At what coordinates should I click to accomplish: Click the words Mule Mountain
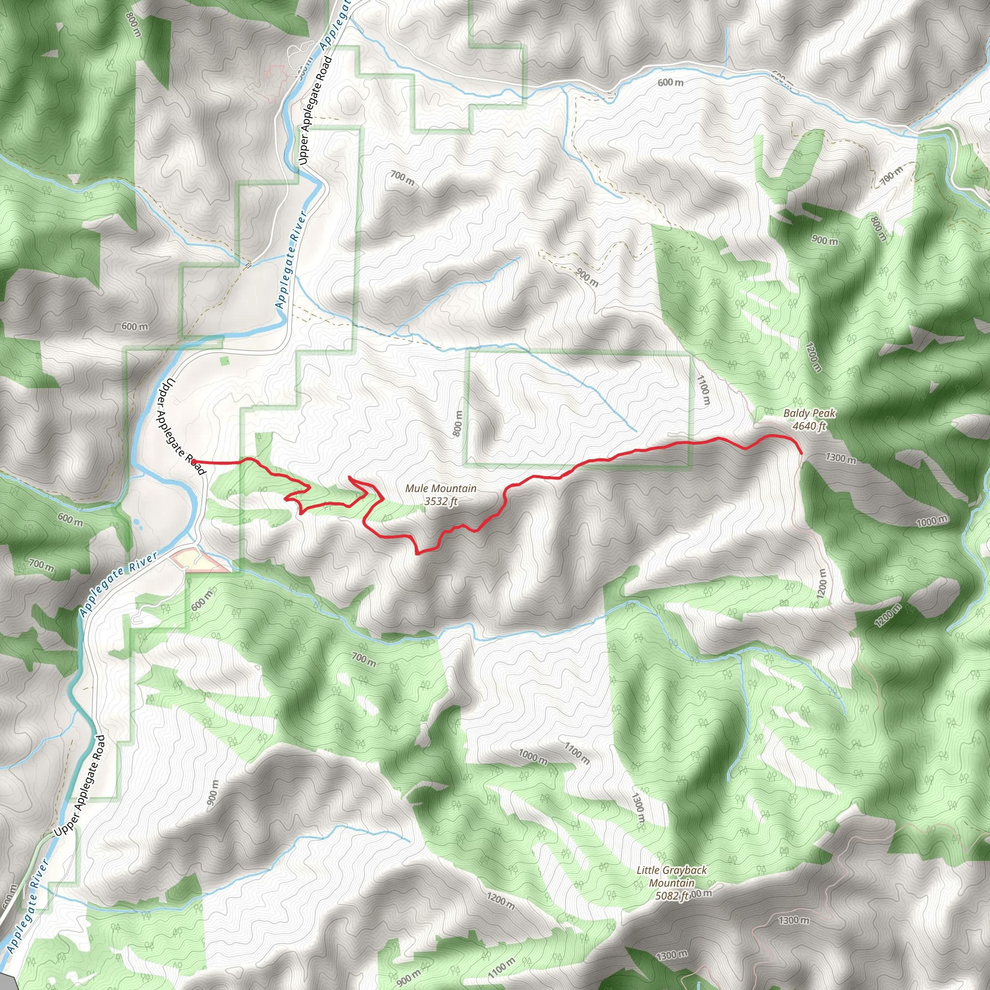441,488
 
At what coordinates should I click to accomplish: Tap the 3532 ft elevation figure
441,501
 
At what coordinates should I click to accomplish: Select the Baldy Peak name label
809,413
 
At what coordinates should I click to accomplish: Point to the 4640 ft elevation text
809,426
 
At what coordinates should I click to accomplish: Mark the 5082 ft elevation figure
671,895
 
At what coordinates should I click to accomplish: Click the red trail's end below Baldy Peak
801,453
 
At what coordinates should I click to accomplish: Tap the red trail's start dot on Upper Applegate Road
195,461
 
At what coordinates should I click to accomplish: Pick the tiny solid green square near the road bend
224,361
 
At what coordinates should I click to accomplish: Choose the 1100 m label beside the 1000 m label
577,753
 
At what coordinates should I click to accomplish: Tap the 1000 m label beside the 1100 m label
533,757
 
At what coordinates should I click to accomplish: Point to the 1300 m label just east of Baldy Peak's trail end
840,458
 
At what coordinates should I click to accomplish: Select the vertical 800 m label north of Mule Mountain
458,423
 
